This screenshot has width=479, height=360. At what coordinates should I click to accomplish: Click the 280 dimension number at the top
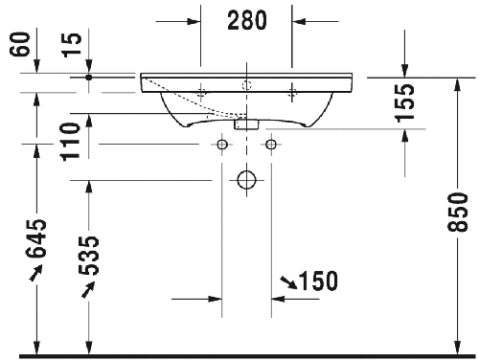246,20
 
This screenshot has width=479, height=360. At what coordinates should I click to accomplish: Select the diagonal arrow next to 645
36,275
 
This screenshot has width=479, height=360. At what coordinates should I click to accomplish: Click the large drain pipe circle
247,179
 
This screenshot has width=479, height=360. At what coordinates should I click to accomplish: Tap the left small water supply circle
222,145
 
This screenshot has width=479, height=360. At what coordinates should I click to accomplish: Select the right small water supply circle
271,145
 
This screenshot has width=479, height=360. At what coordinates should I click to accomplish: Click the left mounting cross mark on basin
202,92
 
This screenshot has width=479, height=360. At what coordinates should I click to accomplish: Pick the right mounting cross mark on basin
292,92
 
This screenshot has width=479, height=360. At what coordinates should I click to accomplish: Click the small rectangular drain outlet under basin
247,123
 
